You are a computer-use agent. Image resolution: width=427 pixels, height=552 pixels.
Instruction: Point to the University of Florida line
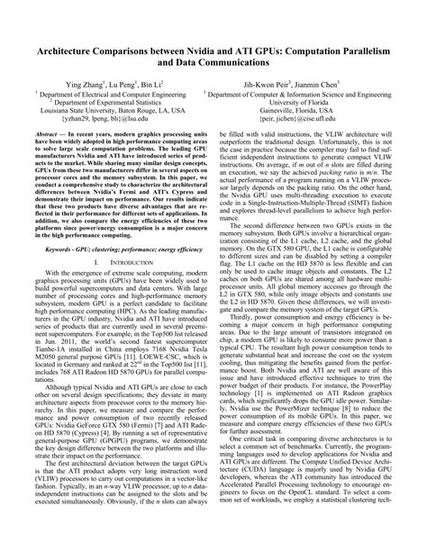point(305,102)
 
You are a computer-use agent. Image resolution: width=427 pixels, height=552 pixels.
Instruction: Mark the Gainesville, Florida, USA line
point(305,110)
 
